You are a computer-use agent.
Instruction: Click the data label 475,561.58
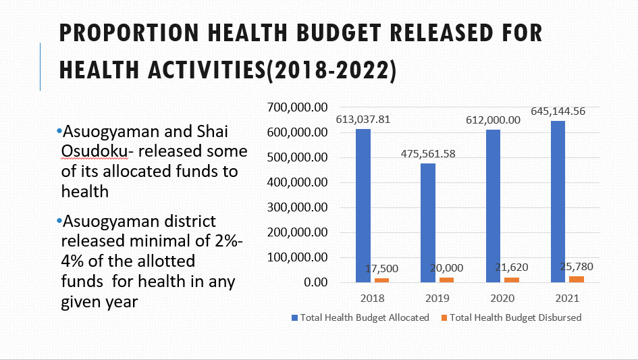(428, 153)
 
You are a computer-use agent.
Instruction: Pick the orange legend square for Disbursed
(444, 317)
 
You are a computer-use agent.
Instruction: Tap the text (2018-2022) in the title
(331, 70)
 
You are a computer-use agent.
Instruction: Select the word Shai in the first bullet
(214, 130)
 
